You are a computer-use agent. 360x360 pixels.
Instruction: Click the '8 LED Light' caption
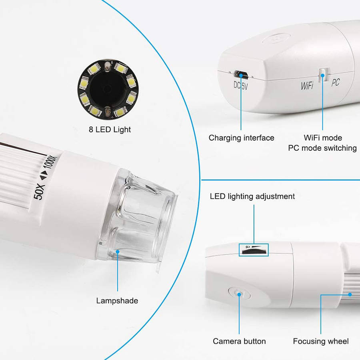coord(110,130)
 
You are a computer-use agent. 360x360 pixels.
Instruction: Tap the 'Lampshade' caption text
coord(118,300)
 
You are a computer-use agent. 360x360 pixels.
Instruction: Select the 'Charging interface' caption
coord(241,138)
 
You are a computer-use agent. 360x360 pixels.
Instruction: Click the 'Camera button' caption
coord(239,341)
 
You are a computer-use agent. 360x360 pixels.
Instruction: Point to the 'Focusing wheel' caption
coord(321,341)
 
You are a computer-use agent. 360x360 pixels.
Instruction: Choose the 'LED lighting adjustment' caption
coord(252,196)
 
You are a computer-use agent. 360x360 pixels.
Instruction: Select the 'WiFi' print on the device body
coord(307,86)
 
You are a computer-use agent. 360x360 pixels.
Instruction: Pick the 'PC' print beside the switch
coord(336,83)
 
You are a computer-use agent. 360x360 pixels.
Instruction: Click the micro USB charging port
coord(241,74)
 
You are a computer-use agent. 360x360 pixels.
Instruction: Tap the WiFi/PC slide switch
coord(323,73)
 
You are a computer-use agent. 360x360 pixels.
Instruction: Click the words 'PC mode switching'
coord(322,148)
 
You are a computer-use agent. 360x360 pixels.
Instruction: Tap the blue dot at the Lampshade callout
coord(118,252)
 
